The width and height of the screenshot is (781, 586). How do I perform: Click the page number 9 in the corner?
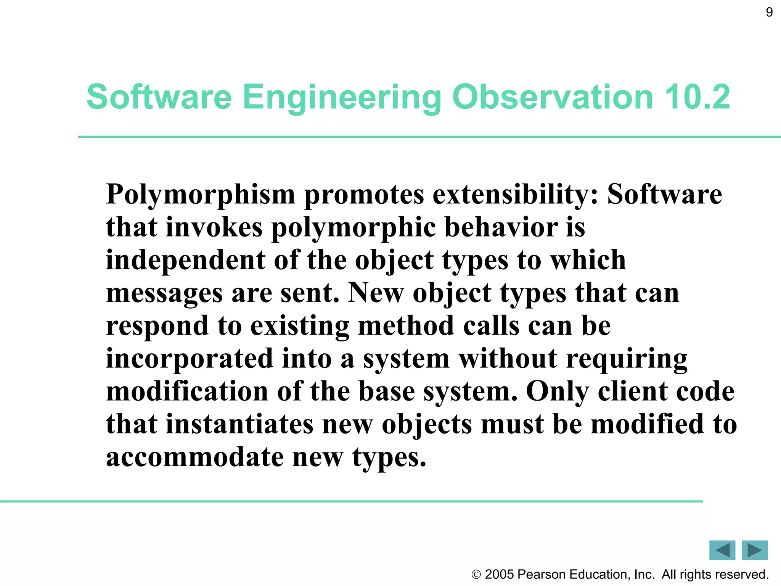pyautogui.click(x=769, y=13)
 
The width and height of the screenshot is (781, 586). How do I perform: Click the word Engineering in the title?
pyautogui.click(x=342, y=97)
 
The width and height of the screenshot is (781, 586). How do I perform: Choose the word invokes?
pyautogui.click(x=214, y=227)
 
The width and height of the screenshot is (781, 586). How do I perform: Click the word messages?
pyautogui.click(x=164, y=294)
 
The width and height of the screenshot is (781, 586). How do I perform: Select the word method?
pyautogui.click(x=406, y=326)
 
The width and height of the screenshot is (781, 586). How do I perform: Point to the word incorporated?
pyautogui.click(x=190, y=359)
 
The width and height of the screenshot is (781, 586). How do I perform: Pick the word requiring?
pyautogui.click(x=627, y=360)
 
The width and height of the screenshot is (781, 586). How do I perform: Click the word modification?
pyautogui.click(x=187, y=392)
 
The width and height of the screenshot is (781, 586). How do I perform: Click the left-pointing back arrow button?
pyautogui.click(x=722, y=550)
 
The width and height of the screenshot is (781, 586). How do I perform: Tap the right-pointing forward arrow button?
pyautogui.click(x=755, y=550)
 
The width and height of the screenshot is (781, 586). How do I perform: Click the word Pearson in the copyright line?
pyautogui.click(x=541, y=575)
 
